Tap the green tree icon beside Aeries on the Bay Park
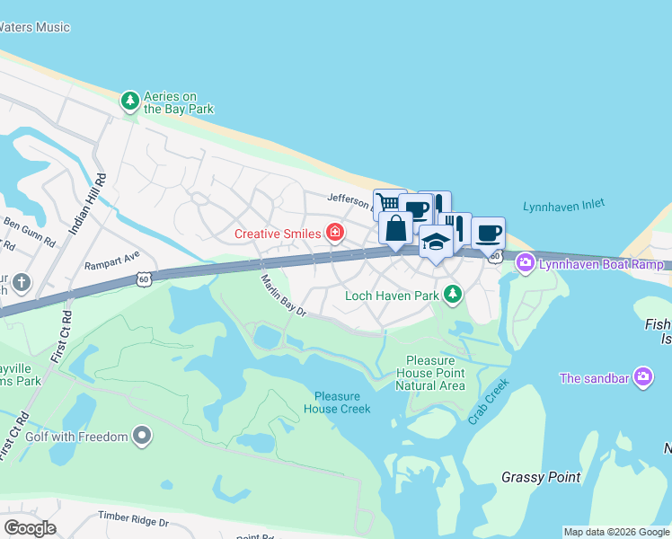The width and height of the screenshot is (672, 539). pyautogui.click(x=130, y=100)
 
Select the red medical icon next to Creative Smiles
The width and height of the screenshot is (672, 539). pyautogui.click(x=335, y=234)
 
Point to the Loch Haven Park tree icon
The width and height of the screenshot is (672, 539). pyautogui.click(x=454, y=294)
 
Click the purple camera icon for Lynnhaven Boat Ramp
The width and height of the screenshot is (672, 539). pyautogui.click(x=525, y=262)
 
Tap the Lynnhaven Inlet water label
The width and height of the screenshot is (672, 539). pyautogui.click(x=563, y=206)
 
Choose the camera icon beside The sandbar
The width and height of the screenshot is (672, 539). pyautogui.click(x=642, y=377)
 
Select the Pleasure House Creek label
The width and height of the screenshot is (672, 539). pyautogui.click(x=337, y=402)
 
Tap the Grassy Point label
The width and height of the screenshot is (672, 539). pyautogui.click(x=541, y=477)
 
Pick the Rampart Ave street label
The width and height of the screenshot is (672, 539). pyautogui.click(x=112, y=261)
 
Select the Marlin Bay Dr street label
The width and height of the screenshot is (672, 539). pyautogui.click(x=284, y=297)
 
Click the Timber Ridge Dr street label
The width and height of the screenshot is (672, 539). pyautogui.click(x=135, y=521)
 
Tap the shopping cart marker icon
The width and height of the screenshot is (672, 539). pyautogui.click(x=387, y=203)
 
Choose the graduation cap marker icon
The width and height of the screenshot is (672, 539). pyautogui.click(x=436, y=241)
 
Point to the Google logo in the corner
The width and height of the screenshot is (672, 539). pyautogui.click(x=30, y=528)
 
